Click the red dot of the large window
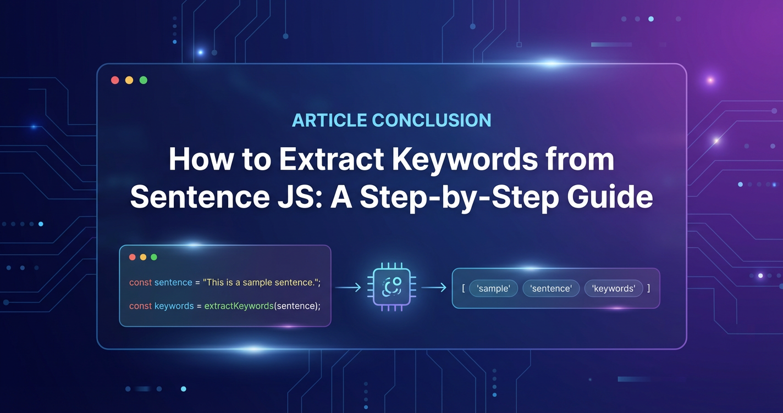pos(115,80)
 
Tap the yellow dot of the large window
pos(129,80)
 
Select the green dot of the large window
pos(144,80)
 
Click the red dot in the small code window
pos(133,257)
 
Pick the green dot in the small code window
pos(154,257)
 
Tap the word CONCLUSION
pos(432,120)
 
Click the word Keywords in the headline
pos(465,160)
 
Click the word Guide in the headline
pos(610,197)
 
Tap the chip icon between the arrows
pos(392,287)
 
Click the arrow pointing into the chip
pos(348,288)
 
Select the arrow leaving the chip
pos(434,288)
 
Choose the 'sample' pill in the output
pos(493,288)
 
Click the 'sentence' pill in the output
pos(551,288)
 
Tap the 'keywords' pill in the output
pos(614,288)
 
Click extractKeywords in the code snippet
pos(239,306)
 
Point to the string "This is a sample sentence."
pos(260,282)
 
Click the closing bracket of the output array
pos(648,288)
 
